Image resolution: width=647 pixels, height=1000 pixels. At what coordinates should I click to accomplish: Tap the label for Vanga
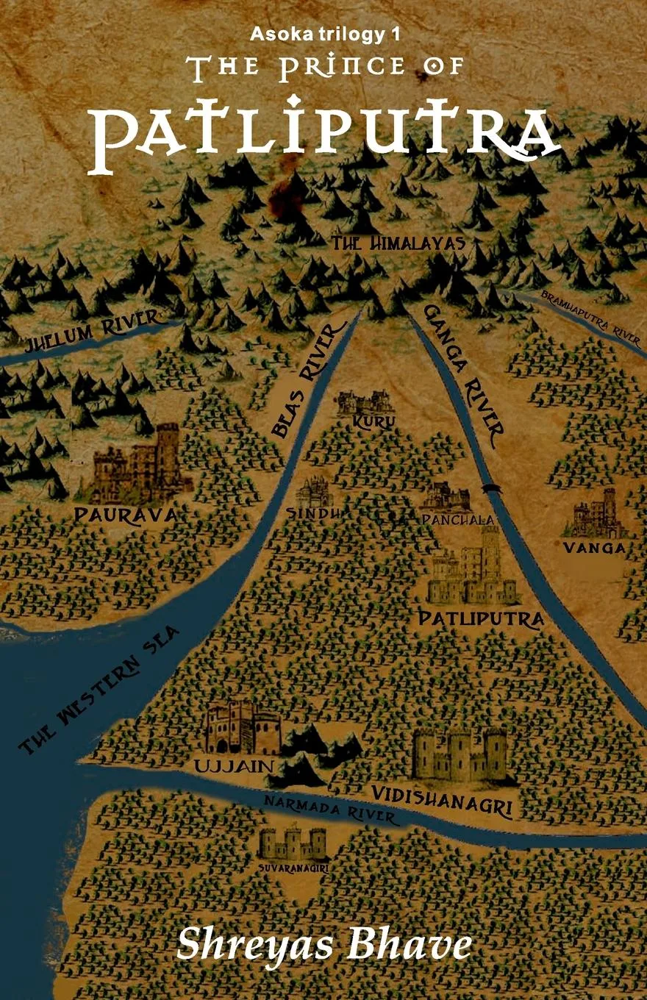click(x=594, y=548)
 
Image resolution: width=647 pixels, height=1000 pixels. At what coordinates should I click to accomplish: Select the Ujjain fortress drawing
click(x=243, y=728)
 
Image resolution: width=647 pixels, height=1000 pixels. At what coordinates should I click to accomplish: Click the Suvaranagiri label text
click(x=293, y=868)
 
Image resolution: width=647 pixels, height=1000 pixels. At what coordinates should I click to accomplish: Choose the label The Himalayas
click(x=398, y=243)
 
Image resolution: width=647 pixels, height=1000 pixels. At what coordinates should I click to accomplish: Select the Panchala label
click(x=457, y=520)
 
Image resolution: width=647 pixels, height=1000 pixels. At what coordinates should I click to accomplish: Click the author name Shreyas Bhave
click(x=323, y=944)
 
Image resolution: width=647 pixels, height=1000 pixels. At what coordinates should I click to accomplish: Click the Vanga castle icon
click(x=594, y=515)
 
